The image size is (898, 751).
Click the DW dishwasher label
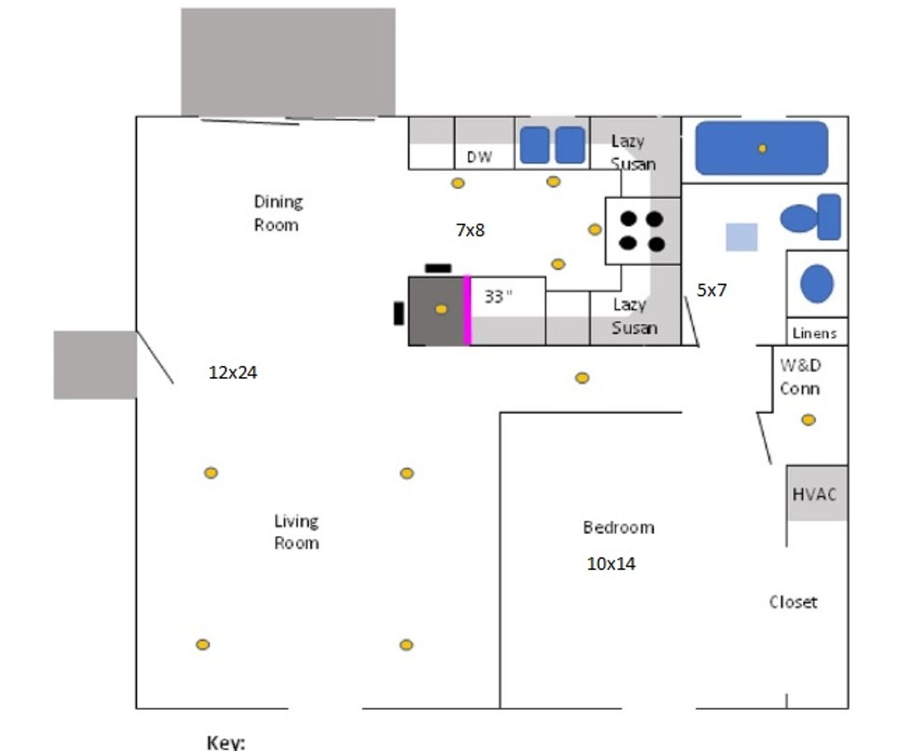(479, 157)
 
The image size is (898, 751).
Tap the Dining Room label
(278, 213)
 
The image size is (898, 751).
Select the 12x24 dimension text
(233, 373)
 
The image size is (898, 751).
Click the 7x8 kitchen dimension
(470, 230)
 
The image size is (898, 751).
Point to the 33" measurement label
(498, 296)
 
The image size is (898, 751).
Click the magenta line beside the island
(467, 310)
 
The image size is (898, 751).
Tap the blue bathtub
(762, 148)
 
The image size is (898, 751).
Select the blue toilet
(810, 218)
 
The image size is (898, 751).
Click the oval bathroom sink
(817, 284)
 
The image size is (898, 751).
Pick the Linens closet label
(815, 334)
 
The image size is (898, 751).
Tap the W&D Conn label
(800, 376)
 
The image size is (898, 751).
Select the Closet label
(793, 602)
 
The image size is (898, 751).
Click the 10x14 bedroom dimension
(611, 564)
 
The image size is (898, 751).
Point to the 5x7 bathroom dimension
(712, 290)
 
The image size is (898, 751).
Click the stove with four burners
(642, 231)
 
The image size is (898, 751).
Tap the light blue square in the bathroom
(741, 237)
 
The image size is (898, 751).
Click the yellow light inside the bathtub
(762, 148)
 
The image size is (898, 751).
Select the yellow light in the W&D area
(808, 420)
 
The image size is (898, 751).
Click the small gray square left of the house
(95, 365)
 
